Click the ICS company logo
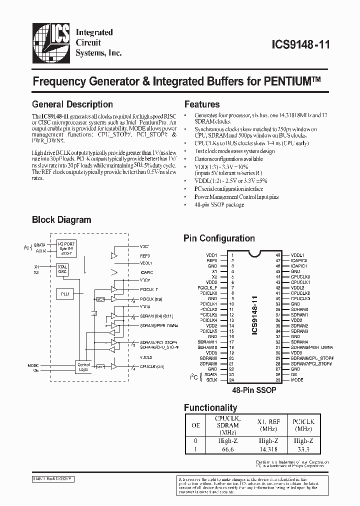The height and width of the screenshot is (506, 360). coord(51,42)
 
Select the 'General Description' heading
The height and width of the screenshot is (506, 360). coord(72,104)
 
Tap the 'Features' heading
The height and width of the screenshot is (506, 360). coord(202,104)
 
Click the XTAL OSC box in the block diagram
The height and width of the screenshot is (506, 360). coord(63,270)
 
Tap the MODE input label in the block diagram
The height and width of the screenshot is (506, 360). coord(33,365)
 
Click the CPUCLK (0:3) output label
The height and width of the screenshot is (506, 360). coord(151,367)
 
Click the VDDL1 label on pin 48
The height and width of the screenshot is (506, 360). coord(297,255)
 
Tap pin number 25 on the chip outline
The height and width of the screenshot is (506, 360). coord(277,379)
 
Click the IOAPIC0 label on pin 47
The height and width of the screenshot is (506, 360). coord(299,260)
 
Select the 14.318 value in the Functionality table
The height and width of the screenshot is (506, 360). coord(268,449)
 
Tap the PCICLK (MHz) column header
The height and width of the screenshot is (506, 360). coord(304,425)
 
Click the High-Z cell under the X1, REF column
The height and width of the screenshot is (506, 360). coord(268,440)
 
